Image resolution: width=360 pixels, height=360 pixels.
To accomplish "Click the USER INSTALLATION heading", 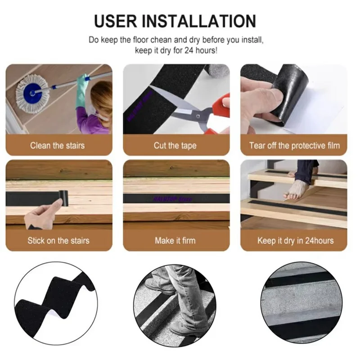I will click(175, 21).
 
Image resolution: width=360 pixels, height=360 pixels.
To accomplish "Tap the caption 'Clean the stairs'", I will click(57, 145).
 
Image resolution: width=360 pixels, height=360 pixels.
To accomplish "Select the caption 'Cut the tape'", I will click(175, 145).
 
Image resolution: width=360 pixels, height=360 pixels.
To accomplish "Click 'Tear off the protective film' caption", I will click(294, 145).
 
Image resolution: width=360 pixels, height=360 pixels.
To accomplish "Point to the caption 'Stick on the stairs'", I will click(58, 240).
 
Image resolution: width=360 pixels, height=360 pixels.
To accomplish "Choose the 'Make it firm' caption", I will click(175, 240).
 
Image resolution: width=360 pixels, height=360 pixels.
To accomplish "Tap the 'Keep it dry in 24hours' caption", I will click(295, 240).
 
